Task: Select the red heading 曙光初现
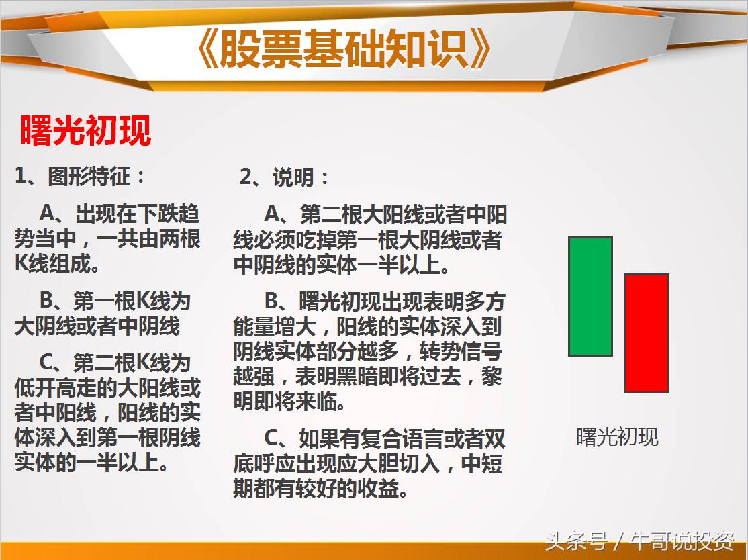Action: pos(86,130)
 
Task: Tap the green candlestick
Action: pos(590,296)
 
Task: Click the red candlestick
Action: pos(646,333)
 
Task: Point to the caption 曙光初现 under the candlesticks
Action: pos(617,437)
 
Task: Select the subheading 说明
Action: pos(293,177)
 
